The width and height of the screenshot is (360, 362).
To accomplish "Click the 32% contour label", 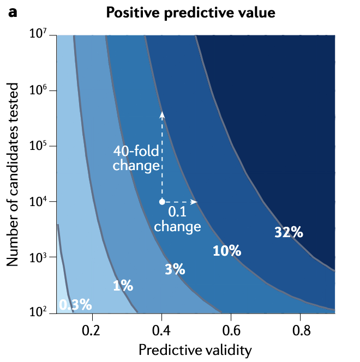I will (289, 232).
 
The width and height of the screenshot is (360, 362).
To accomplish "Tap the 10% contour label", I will (226, 251).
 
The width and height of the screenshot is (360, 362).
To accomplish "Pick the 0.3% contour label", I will (75, 305).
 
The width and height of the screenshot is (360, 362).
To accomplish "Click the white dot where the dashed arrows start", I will (161, 202).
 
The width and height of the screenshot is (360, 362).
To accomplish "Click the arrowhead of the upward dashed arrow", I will (161, 114).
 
